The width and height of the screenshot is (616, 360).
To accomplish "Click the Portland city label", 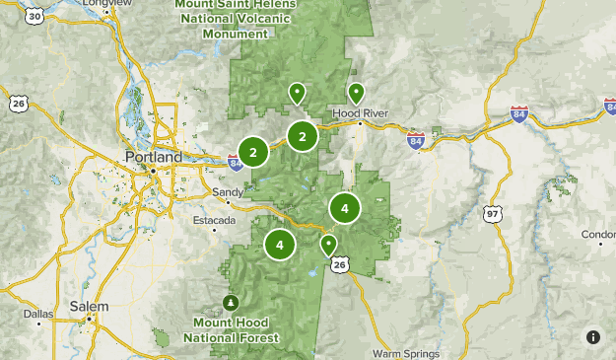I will click(154, 157).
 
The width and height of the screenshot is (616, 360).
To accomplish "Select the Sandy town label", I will click(228, 192).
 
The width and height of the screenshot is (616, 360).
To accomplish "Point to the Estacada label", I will click(215, 220).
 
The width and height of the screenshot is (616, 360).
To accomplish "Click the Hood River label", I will click(361, 113).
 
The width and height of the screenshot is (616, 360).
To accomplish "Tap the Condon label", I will click(599, 235).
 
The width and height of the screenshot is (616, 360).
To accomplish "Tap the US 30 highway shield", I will click(34, 16).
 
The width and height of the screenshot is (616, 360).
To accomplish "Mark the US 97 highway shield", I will click(492, 213).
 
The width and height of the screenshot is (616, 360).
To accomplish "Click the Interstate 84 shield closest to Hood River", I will click(416, 140).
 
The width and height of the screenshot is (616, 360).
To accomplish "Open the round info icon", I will click(593, 337).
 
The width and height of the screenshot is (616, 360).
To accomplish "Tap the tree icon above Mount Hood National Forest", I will click(231, 302).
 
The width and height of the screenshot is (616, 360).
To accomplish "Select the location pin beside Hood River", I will click(356, 94).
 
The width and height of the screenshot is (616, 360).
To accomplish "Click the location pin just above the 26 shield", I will click(329, 244).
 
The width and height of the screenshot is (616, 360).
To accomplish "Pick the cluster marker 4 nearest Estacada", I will click(280, 244).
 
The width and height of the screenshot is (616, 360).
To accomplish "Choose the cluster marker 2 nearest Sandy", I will click(253, 152).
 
